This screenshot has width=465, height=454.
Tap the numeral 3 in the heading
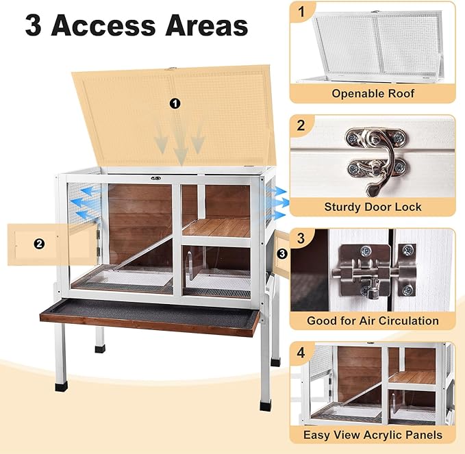(x=35, y=25)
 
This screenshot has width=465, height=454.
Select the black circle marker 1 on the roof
(x=175, y=103)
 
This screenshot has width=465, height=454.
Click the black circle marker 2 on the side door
(x=39, y=243)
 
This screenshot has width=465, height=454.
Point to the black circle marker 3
(x=281, y=253)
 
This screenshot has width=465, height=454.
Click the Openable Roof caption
(x=373, y=93)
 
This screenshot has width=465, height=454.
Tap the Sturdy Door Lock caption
(x=373, y=206)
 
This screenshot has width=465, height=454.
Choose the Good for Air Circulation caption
(x=373, y=320)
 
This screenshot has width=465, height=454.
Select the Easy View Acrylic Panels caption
(x=373, y=434)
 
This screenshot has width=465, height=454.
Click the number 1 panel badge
(x=302, y=12)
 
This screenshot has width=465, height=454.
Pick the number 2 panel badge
(x=302, y=125)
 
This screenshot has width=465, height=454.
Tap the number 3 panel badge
(x=302, y=238)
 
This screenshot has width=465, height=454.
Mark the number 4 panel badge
(x=302, y=353)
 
